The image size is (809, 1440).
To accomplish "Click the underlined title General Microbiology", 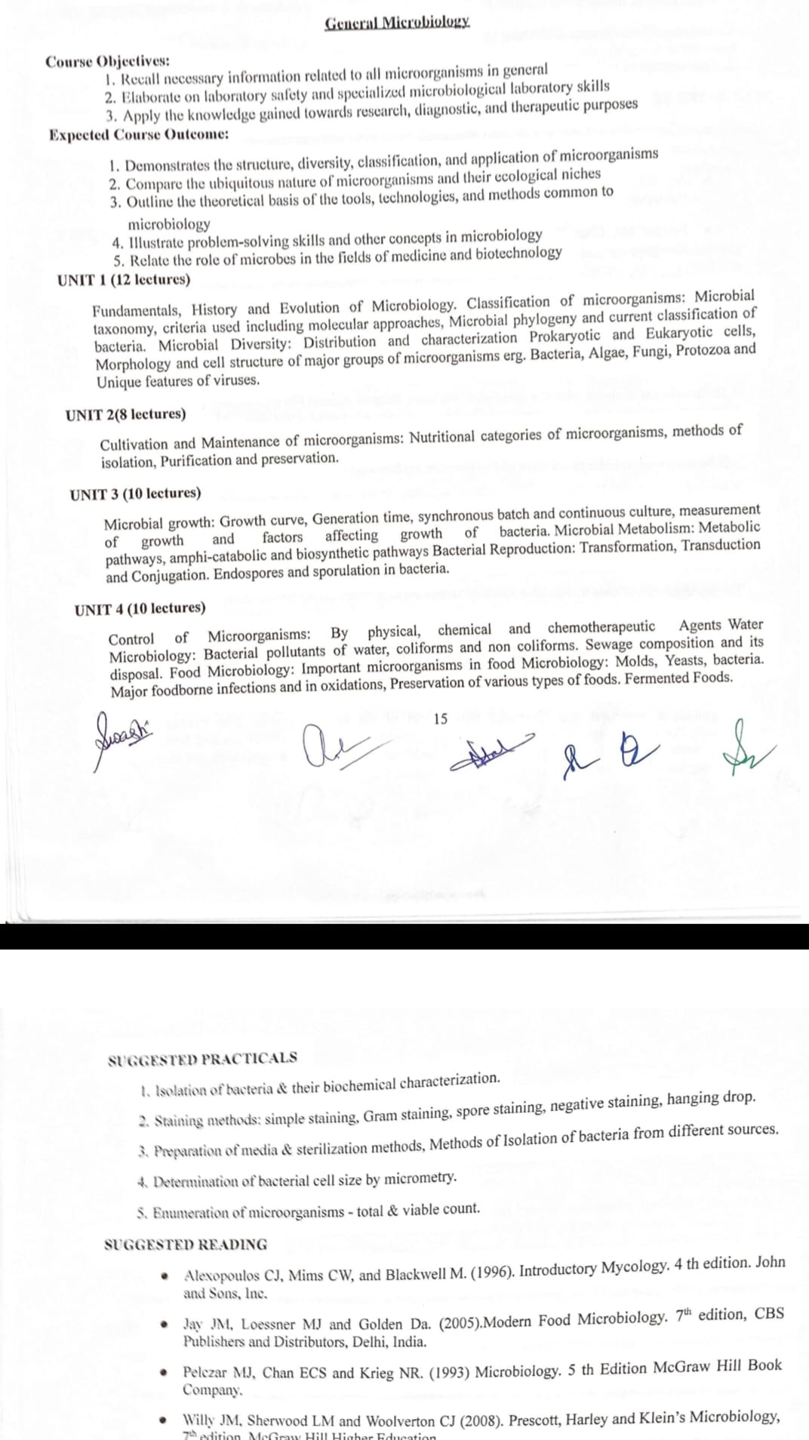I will click(397, 22).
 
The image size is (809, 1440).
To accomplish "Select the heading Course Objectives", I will click(107, 61).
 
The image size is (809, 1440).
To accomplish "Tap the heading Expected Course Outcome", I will click(139, 134).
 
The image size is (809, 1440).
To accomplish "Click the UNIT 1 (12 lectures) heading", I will click(124, 280).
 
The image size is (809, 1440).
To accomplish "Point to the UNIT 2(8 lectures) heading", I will click(125, 414).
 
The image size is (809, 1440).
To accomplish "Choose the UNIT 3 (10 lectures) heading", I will click(135, 494).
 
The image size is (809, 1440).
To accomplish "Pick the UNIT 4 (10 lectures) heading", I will click(140, 608).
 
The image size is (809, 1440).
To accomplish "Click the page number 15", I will click(441, 718).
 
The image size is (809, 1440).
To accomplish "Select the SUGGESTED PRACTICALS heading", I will click(202, 1058).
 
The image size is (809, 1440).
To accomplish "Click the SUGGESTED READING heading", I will click(186, 1245).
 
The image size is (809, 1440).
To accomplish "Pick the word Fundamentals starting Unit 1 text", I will click(137, 310).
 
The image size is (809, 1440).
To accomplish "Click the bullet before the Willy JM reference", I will click(164, 1420).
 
